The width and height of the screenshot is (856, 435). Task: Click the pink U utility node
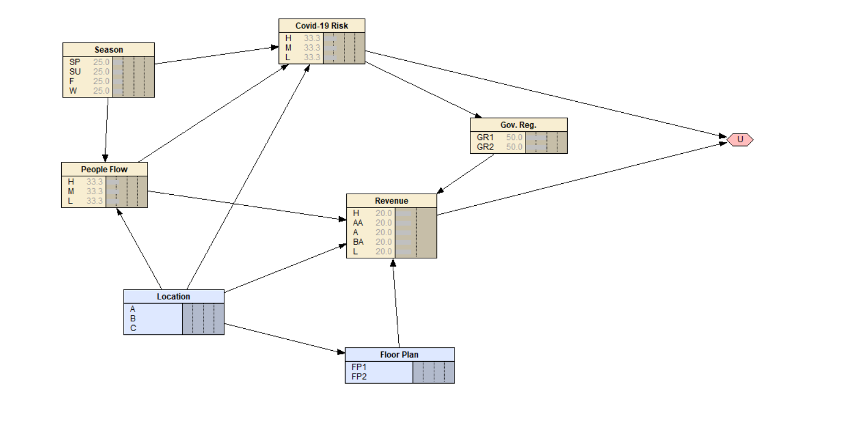tap(740, 140)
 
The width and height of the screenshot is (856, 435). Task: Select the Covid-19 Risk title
tap(322, 26)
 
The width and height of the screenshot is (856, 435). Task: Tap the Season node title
tap(108, 50)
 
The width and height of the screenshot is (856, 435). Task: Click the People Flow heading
tap(104, 170)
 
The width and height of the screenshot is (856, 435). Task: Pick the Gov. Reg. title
tap(518, 125)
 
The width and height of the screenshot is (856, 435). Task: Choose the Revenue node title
tap(391, 201)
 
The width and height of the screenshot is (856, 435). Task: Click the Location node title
tap(173, 297)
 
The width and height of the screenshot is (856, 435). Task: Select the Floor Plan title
tap(399, 355)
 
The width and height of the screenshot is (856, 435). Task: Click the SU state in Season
tap(75, 72)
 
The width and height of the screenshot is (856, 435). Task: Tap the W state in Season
tap(73, 91)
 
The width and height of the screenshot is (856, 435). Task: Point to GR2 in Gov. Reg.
tap(485, 147)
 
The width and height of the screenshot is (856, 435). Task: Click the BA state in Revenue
tap(358, 242)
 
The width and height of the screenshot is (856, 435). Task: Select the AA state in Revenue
tap(358, 223)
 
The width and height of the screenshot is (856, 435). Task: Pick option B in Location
tap(133, 318)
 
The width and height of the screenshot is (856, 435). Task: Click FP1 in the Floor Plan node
tap(359, 367)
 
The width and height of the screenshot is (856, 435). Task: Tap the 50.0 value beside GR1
tap(514, 137)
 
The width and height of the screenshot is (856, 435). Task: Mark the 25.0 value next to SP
tap(101, 62)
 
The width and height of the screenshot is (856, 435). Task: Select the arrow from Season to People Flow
tap(106, 130)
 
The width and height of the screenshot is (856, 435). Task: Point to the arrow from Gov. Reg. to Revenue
tap(465, 174)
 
